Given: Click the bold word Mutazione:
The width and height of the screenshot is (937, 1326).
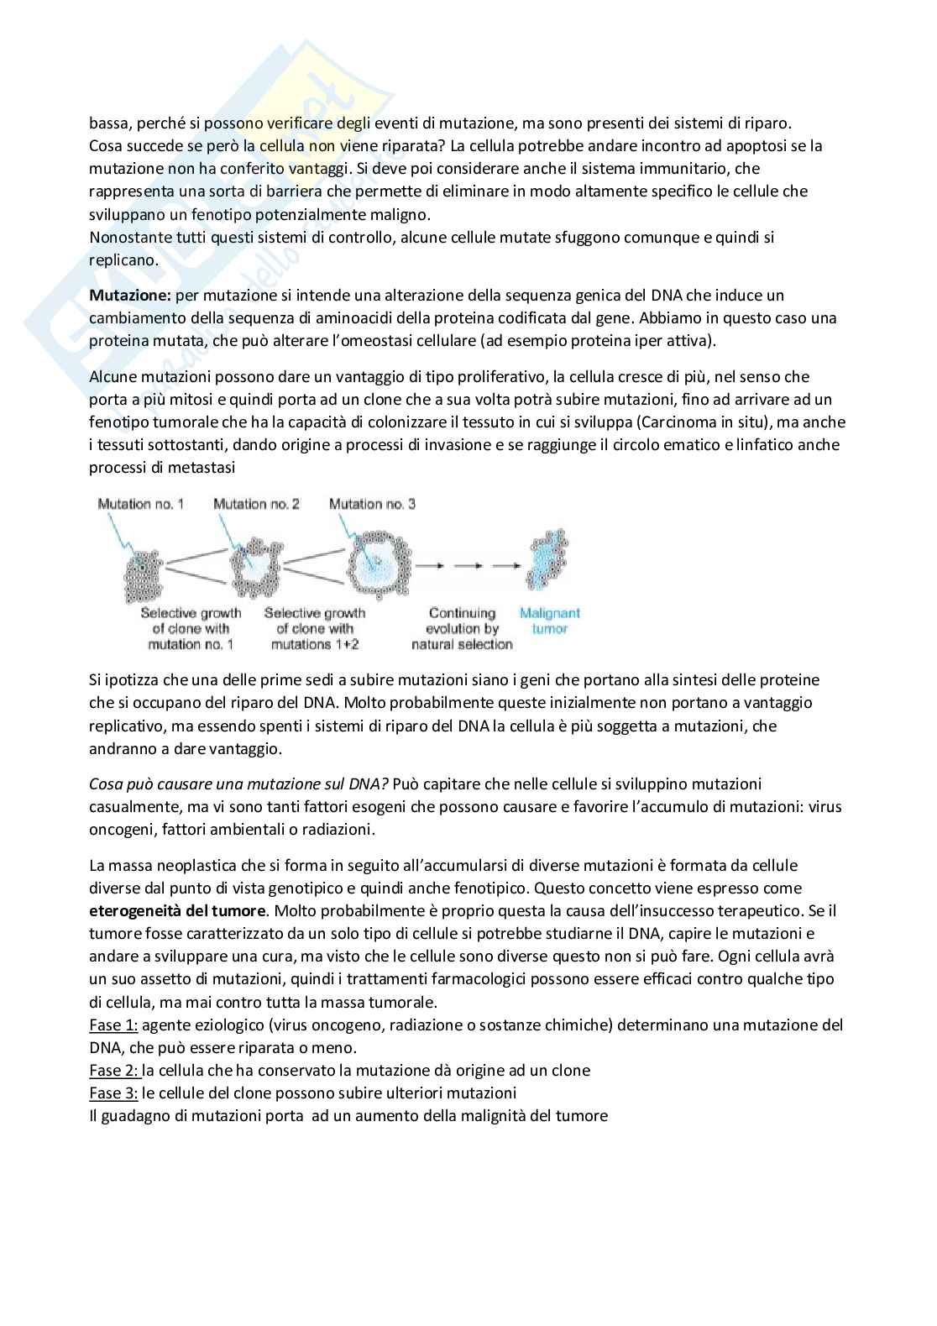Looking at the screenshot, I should coord(130,296).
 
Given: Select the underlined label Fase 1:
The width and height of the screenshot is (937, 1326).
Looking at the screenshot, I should coord(113,1025).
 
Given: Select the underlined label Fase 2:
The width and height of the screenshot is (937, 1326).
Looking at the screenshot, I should coord(113,1070).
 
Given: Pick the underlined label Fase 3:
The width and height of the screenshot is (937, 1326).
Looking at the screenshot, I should coord(113,1093).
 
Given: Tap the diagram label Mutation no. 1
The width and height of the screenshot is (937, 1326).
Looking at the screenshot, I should coord(140,504).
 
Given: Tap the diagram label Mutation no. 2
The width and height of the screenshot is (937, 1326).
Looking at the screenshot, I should coord(256,504).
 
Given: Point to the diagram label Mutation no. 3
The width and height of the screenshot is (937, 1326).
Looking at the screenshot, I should coord(372,504).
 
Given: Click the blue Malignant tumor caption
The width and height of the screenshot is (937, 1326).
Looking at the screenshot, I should coord(550,621).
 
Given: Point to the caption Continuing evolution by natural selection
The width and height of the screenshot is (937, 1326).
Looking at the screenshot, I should coord(462,628).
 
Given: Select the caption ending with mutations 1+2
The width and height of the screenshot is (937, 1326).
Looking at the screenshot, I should coord(314,628).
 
